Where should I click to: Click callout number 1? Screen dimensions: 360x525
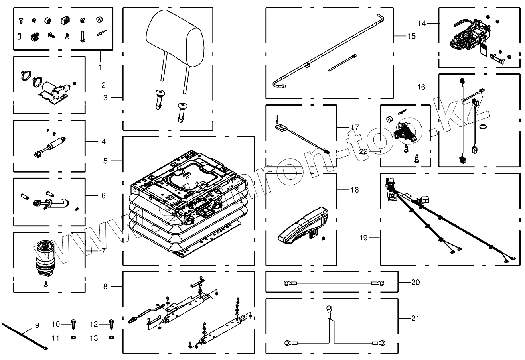(x=100, y=67)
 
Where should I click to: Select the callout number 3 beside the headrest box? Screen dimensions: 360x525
(x=105, y=97)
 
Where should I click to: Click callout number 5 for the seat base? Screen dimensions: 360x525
(x=105, y=161)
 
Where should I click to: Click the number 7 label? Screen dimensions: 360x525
(x=103, y=251)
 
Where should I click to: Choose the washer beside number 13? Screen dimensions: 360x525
(x=111, y=338)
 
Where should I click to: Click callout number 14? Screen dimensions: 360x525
(x=421, y=24)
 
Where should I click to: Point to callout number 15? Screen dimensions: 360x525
(x=411, y=36)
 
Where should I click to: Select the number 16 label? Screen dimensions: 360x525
(x=421, y=87)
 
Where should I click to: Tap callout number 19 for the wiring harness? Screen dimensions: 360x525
(x=363, y=238)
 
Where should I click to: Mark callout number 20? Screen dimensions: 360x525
(x=415, y=282)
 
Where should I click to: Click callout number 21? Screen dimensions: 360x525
(x=415, y=318)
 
